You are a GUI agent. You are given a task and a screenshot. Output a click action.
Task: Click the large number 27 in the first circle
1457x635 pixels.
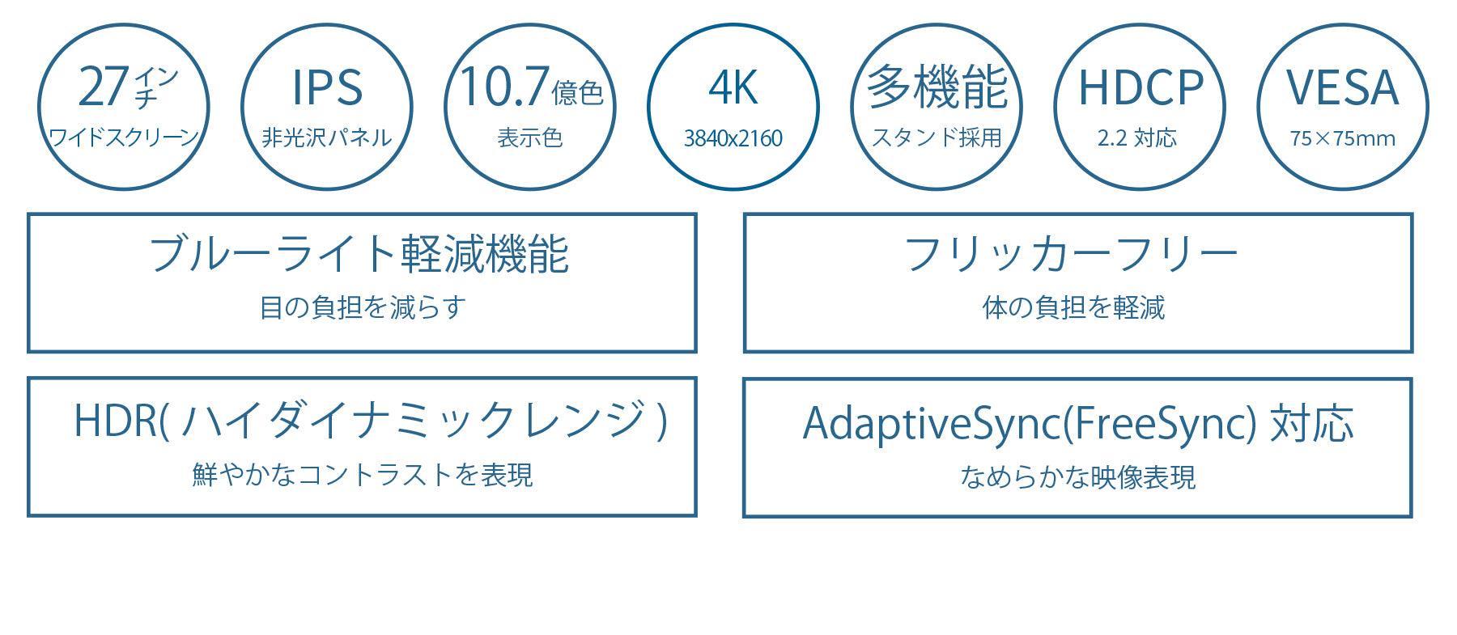104,87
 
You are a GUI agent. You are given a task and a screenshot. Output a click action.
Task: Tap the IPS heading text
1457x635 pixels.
327,87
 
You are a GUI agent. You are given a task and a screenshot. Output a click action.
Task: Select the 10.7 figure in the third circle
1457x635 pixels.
505,87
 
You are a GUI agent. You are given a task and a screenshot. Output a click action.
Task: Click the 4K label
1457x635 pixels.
733,87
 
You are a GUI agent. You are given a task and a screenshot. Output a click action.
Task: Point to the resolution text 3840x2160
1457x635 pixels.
733,138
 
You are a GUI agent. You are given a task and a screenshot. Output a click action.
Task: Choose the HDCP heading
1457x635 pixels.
1141,87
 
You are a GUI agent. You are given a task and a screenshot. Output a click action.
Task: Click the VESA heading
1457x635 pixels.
1343,87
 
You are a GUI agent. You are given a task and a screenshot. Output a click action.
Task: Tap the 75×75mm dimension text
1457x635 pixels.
1343,138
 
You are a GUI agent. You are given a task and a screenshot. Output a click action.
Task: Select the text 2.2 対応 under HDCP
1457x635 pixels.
1137,138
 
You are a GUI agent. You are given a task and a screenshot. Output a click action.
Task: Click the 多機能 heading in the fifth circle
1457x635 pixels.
937,87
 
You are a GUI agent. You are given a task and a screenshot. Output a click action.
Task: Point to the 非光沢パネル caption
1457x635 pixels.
327,138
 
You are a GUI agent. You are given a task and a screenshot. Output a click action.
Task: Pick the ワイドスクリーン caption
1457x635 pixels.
124,137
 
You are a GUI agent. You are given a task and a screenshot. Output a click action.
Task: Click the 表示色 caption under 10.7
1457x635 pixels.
530,138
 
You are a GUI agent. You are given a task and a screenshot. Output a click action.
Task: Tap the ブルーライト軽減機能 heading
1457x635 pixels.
359,254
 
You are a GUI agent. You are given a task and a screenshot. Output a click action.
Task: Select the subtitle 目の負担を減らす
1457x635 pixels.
363,307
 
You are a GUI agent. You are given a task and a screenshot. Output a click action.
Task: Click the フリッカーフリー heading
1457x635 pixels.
1071,254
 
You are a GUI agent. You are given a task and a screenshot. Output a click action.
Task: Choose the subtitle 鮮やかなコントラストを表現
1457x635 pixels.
363,474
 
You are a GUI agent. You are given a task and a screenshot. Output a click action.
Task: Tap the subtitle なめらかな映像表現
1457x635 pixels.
1077,477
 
